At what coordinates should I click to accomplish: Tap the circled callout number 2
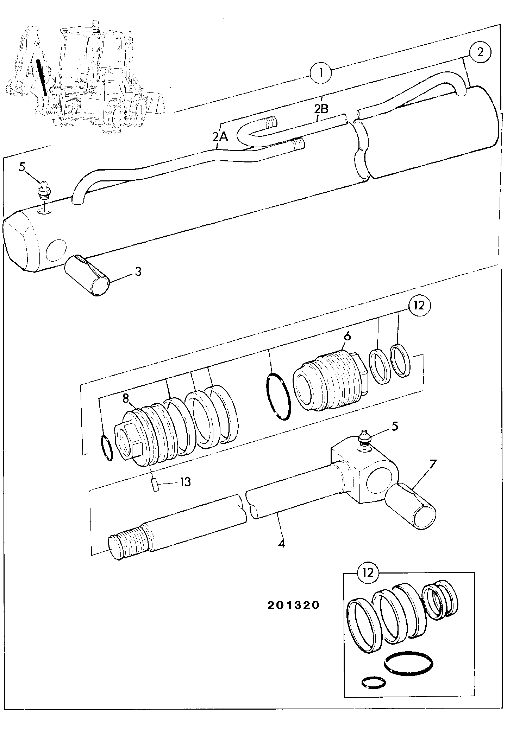[480, 53]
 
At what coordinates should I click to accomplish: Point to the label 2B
[321, 109]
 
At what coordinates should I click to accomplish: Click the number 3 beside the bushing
[138, 271]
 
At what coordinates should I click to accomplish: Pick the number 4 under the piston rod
[281, 544]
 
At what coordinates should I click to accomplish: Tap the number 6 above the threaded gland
[347, 336]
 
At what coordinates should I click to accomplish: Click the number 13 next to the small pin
[185, 482]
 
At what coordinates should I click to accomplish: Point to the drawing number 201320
[293, 605]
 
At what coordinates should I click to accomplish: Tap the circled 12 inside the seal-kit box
[368, 572]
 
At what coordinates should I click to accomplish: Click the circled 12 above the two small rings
[420, 306]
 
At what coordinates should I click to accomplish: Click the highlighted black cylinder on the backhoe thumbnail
[42, 77]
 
